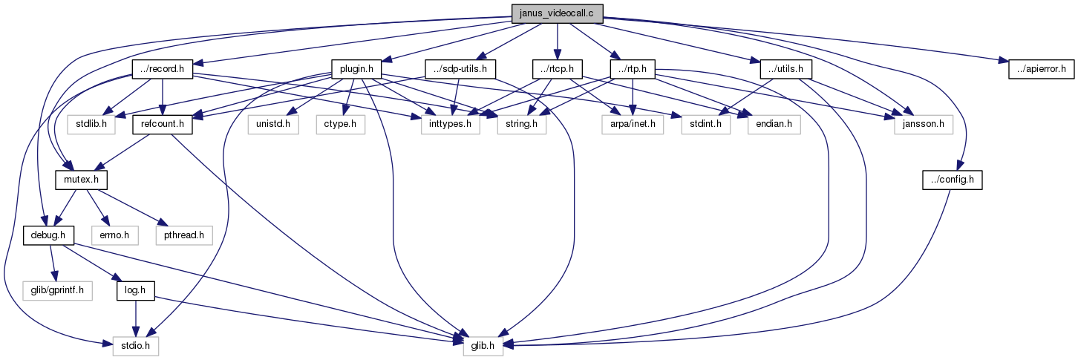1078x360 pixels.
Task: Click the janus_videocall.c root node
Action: [x=557, y=13]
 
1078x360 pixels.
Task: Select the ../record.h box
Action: [x=162, y=69]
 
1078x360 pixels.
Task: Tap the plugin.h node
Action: [x=356, y=69]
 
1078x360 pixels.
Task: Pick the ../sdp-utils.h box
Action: [x=460, y=69]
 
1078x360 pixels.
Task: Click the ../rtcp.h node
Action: [x=558, y=69]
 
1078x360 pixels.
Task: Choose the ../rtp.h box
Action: [x=633, y=69]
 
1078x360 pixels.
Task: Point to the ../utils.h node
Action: [x=786, y=69]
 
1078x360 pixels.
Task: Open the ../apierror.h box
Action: [x=1041, y=69]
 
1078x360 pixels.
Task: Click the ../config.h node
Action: [x=953, y=180]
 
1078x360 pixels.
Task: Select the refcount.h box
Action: [x=163, y=125]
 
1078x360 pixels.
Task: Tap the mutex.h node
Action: [x=81, y=180]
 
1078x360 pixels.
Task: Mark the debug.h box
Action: [x=48, y=235]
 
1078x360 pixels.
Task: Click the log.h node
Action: [x=136, y=291]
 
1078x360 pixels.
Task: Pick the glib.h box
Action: [x=483, y=347]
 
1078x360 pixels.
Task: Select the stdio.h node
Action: [x=136, y=347]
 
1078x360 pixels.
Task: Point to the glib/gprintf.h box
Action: [x=57, y=291]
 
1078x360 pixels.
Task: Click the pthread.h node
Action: [x=184, y=235]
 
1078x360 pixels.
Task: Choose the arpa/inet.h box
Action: [x=633, y=125]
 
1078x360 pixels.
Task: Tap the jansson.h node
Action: [x=924, y=125]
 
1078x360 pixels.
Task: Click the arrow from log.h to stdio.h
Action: [x=136, y=318]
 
